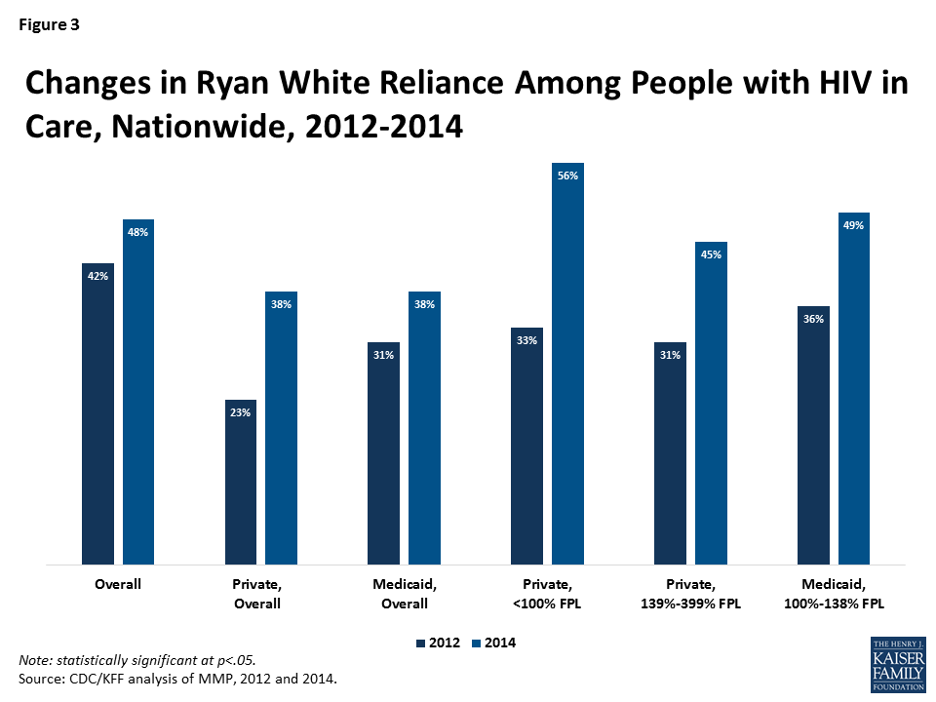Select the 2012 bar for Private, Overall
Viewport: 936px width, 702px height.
[x=241, y=482]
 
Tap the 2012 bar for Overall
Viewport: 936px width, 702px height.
[x=97, y=413]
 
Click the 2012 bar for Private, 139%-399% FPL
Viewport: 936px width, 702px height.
[x=670, y=453]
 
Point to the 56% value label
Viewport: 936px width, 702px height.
[x=567, y=176]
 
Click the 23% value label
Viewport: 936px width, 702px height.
[x=241, y=412]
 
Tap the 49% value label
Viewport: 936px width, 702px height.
[x=853, y=226]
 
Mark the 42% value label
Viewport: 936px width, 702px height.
[x=97, y=276]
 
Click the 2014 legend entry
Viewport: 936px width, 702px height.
[x=491, y=643]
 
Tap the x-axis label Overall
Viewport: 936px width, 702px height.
[x=118, y=585]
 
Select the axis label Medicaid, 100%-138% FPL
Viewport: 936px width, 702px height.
[x=834, y=594]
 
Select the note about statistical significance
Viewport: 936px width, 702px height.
[x=137, y=660]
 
